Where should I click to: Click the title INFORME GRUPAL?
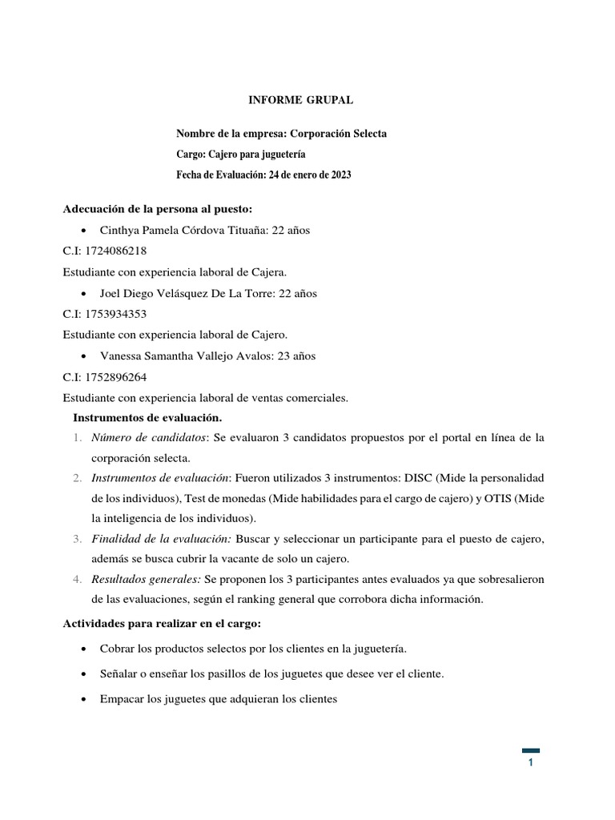[298, 100]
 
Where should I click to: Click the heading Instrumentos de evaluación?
[147, 417]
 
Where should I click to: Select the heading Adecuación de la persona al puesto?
[158, 210]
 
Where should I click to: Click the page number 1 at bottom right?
[530, 763]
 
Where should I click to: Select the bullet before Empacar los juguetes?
[86, 699]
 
